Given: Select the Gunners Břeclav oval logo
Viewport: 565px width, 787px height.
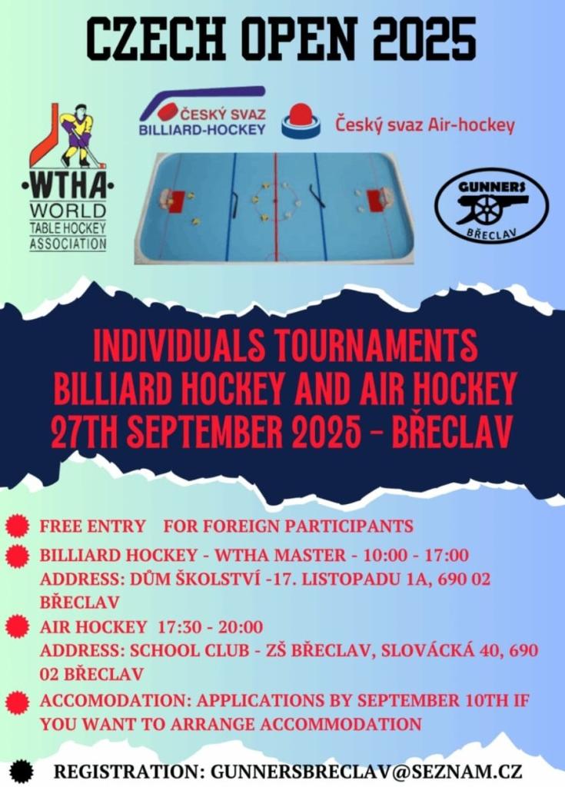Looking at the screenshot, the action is tap(490, 204).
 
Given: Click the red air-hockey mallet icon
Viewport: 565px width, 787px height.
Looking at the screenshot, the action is tap(301, 121).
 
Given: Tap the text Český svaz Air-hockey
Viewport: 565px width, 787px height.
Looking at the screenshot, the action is tap(425, 125).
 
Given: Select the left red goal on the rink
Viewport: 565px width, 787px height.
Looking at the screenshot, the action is tap(178, 201).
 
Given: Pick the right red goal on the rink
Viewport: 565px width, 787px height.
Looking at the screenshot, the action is tap(376, 201).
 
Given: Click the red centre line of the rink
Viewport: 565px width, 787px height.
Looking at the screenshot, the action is tap(274, 206).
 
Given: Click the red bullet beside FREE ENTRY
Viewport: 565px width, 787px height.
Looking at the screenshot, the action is tap(18, 526).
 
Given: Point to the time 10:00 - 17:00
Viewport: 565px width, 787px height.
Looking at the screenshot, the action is tap(417, 555).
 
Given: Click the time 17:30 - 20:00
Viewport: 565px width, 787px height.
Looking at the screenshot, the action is tap(211, 627).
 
